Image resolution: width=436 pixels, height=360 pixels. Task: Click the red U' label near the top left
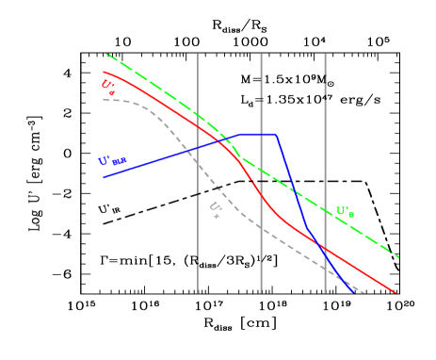click(x=108, y=86)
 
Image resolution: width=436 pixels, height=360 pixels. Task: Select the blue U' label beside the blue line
click(x=113, y=160)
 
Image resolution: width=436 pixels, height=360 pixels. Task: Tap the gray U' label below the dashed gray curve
click(x=215, y=208)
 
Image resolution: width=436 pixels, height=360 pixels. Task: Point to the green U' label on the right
click(x=346, y=211)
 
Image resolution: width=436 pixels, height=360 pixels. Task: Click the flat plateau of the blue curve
click(x=259, y=134)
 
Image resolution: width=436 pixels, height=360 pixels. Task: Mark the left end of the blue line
click(x=104, y=177)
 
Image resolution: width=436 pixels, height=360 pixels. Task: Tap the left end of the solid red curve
click(x=104, y=72)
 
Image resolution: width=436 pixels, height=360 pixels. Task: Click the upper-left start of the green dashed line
click(x=105, y=54)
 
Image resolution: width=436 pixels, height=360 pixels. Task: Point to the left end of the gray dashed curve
click(x=104, y=99)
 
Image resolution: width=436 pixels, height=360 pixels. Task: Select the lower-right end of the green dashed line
click(x=400, y=256)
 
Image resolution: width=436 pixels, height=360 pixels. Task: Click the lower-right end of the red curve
click(x=396, y=293)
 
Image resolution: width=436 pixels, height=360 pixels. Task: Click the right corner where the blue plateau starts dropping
click(x=276, y=135)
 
